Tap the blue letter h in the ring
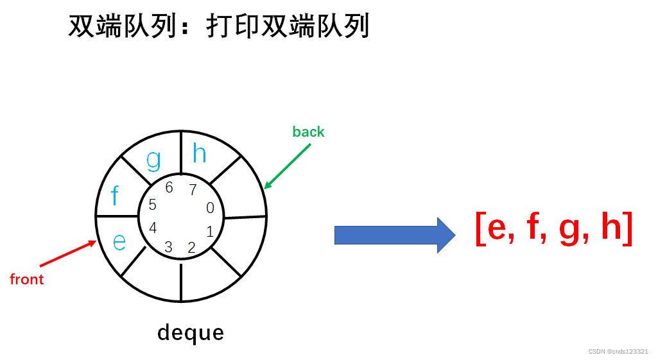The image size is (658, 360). [x=200, y=154]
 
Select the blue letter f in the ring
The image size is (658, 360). [x=116, y=195]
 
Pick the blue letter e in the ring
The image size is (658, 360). [x=119, y=241]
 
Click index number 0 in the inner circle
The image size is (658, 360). [x=210, y=208]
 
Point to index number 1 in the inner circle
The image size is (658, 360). [x=210, y=232]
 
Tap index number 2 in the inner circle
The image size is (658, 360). [x=191, y=247]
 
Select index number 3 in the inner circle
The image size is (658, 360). [x=168, y=247]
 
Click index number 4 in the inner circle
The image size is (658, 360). [x=153, y=228]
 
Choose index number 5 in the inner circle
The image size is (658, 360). [x=152, y=205]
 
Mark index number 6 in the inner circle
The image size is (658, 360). [x=169, y=187]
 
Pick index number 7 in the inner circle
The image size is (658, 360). [x=193, y=189]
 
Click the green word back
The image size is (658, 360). [x=308, y=132]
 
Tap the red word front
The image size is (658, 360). [x=27, y=279]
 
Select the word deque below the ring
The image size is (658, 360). [x=191, y=332]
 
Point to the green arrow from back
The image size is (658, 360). [x=288, y=166]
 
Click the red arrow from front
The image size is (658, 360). [x=68, y=253]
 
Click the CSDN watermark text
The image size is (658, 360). [x=618, y=352]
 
